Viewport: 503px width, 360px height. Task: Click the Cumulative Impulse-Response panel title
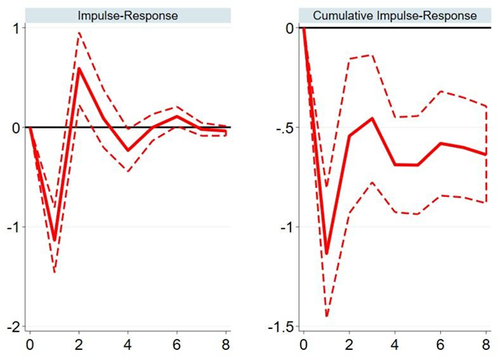(x=394, y=16)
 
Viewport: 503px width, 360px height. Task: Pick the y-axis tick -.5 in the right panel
(x=286, y=128)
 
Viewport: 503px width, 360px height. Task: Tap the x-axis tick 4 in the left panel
(x=128, y=345)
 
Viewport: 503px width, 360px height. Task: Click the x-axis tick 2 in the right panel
(x=349, y=345)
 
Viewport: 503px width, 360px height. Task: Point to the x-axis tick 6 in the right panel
(x=441, y=345)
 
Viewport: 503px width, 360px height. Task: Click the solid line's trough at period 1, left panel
(x=54, y=240)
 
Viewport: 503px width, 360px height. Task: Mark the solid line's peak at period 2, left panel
(x=79, y=69)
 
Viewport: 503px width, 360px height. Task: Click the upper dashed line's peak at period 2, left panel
(x=79, y=33)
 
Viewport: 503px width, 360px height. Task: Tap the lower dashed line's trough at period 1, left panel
(x=54, y=272)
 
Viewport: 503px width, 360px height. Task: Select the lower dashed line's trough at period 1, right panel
(x=326, y=316)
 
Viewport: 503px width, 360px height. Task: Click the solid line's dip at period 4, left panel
(x=128, y=150)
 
